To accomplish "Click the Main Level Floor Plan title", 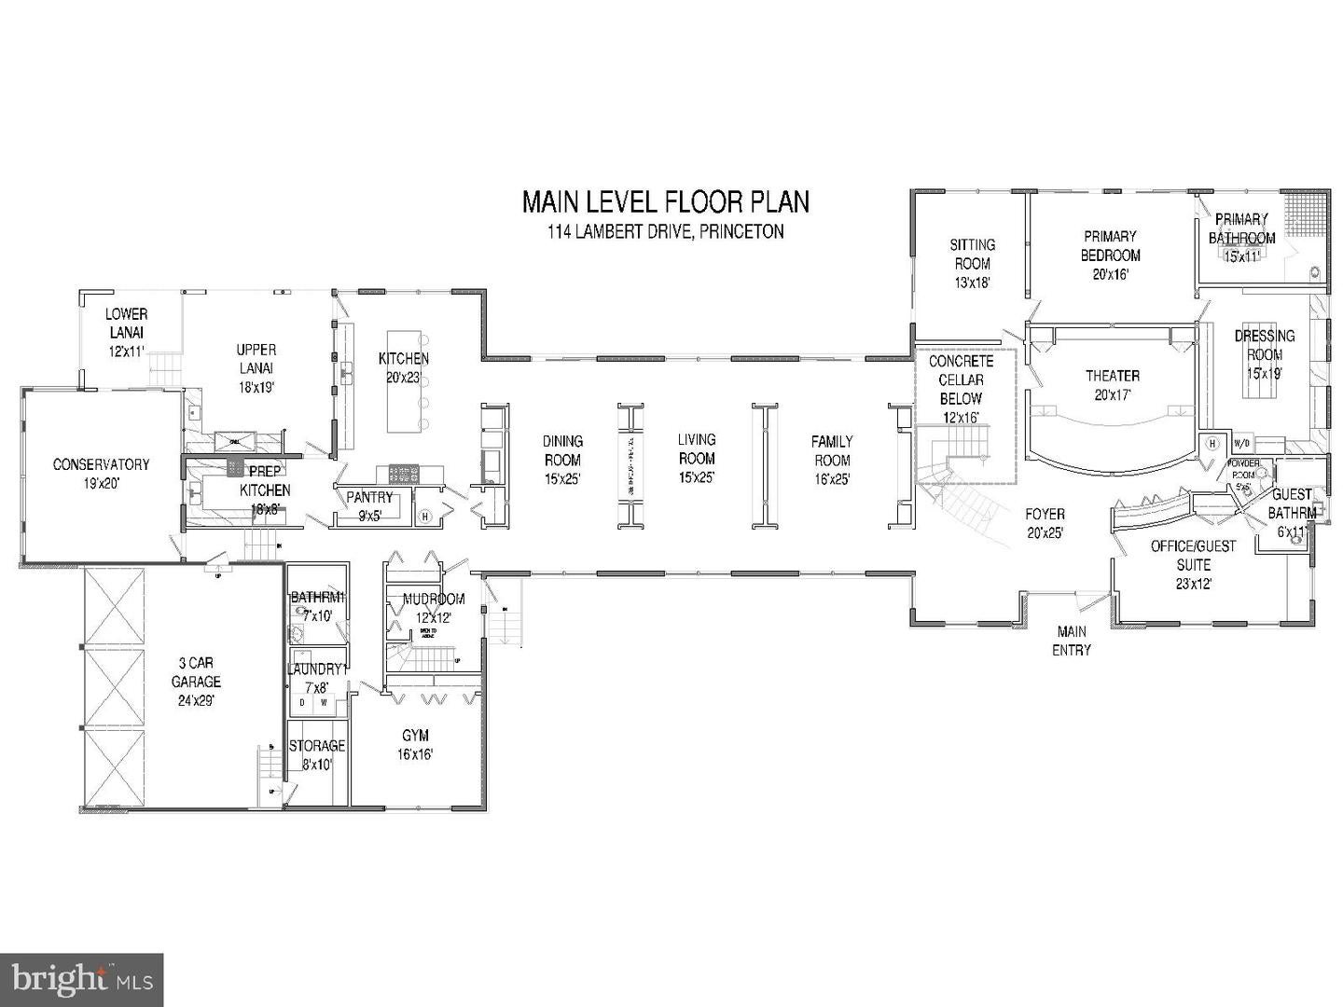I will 665,202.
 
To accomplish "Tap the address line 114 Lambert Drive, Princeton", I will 665,232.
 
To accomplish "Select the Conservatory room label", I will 101,473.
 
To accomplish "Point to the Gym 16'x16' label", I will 415,745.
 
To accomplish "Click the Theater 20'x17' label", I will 1112,384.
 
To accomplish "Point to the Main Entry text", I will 1071,641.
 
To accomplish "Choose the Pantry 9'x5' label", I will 369,505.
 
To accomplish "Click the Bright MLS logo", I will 82,979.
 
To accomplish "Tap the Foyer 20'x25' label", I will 1045,523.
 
